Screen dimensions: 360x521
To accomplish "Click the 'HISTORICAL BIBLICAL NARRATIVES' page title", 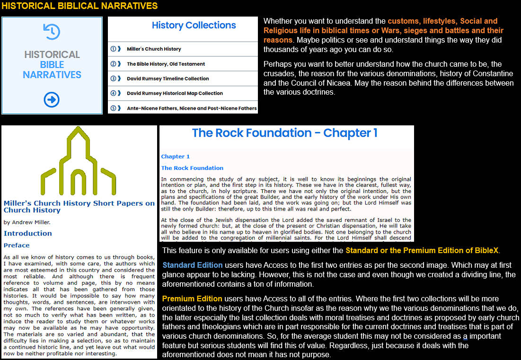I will tap(79, 6).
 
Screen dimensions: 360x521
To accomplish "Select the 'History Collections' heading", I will tap(194, 26).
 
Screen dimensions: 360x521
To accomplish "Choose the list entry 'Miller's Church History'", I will tap(154, 49).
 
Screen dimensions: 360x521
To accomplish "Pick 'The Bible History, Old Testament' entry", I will tap(166, 64).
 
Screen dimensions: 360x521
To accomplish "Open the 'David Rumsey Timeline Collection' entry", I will tap(168, 79).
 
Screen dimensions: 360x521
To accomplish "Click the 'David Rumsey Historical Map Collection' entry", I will tap(175, 93).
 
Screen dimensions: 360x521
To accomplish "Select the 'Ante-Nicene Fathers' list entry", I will tap(192, 108).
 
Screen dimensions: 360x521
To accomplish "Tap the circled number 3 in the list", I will tap(113, 79).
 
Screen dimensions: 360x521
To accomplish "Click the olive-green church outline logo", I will tap(79, 161).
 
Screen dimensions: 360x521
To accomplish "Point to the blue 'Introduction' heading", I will tap(28, 233).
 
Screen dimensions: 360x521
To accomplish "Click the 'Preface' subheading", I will tap(17, 245).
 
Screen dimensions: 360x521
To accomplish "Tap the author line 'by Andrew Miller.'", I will tap(26, 222).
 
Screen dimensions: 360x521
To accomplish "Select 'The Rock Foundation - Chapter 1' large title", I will tap(284, 133).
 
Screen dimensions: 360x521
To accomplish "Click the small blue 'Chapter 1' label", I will tap(175, 157).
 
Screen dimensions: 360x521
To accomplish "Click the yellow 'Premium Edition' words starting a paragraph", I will tap(192, 299).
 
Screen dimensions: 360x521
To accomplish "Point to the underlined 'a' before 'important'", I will tap(465, 336).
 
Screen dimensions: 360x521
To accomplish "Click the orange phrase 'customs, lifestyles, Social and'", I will tap(442, 21).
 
